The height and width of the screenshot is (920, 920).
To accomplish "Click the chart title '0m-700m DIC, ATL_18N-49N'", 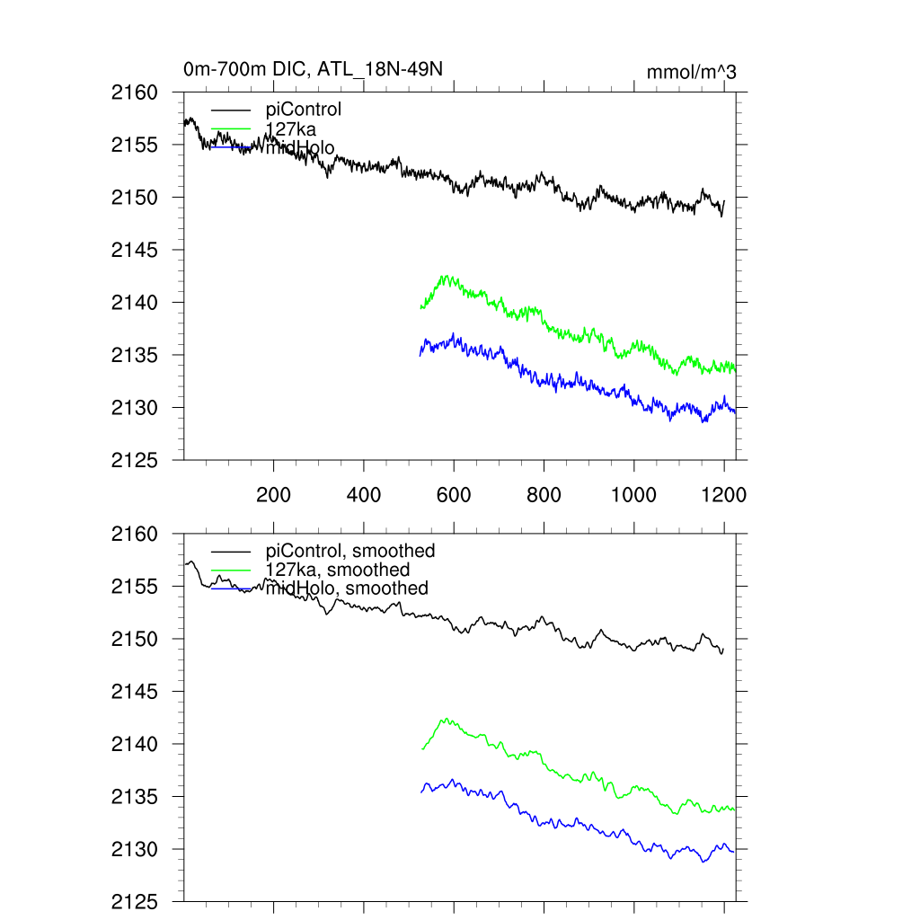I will tap(313, 69).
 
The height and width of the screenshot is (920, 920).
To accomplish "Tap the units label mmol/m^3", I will tap(691, 72).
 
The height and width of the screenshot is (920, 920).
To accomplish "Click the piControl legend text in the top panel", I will tap(304, 110).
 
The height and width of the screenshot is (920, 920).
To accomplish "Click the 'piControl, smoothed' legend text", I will tap(350, 551).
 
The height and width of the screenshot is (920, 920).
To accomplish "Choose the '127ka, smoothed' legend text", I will tap(338, 570).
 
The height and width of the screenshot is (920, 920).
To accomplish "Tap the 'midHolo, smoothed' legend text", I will tap(347, 588).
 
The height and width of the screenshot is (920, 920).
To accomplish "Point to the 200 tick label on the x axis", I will tap(273, 495).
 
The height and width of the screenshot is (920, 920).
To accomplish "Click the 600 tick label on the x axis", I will tap(454, 495).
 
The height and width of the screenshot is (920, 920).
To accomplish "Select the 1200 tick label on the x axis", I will tap(724, 495).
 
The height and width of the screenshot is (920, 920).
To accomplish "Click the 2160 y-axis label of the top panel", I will tap(134, 93).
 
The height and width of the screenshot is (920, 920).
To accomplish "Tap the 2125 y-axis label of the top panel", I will tap(134, 460).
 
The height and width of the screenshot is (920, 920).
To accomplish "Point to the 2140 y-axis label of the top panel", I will tap(134, 303).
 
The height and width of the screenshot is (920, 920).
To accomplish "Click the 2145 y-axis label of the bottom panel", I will tap(134, 692).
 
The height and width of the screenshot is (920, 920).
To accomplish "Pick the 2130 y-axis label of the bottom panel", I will tap(134, 849).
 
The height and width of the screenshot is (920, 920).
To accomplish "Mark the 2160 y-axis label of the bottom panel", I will tap(134, 535).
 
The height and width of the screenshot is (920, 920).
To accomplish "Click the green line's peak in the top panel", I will tap(444, 277).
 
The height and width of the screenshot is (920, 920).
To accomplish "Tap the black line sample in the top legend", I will tap(231, 110).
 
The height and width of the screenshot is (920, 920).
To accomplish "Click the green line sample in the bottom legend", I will tap(231, 570).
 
